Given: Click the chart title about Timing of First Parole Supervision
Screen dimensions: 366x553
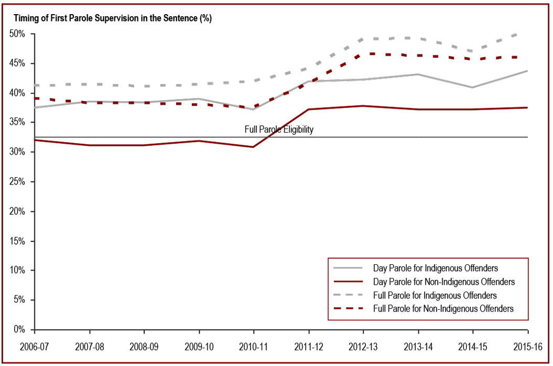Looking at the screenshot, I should [113, 18].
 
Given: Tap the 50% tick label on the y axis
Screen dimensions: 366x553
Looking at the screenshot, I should [18, 34].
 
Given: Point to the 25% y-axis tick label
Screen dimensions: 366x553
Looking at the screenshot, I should [18, 182].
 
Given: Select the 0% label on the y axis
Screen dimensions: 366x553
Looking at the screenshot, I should [20, 330].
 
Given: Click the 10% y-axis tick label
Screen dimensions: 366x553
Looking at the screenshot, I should [18, 271].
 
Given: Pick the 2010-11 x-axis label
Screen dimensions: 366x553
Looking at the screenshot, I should [254, 347].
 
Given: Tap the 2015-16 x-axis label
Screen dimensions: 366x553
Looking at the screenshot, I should [527, 347].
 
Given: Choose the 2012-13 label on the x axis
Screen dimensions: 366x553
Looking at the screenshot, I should [363, 347].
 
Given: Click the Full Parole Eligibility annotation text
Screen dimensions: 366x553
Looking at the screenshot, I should [279, 130].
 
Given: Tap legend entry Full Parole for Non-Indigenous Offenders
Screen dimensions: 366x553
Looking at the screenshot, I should [443, 309].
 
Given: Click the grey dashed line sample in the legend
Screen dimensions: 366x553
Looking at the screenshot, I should [349, 296].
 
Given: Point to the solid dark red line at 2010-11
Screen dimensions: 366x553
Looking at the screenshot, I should [254, 147].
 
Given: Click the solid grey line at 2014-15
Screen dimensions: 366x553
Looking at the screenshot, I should [473, 88].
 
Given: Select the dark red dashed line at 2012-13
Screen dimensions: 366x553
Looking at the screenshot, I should [363, 54].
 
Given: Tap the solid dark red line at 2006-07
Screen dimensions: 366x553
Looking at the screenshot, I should [35, 140].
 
